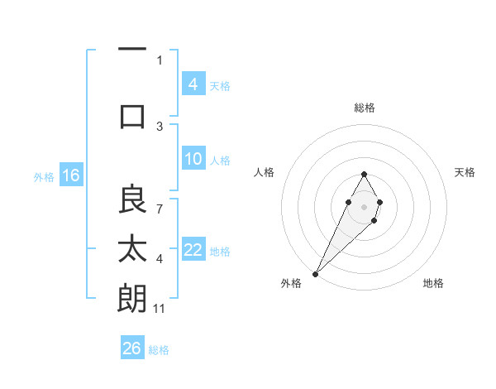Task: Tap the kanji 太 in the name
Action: [x=132, y=248]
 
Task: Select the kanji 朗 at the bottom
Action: [x=132, y=298]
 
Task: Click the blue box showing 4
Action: [x=193, y=84]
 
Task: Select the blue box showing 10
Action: [x=193, y=160]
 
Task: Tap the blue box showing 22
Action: [x=193, y=251]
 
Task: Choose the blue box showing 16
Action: [x=71, y=175]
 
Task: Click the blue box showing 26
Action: [x=132, y=349]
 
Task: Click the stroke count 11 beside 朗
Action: [x=160, y=309]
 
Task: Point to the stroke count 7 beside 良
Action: [x=160, y=200]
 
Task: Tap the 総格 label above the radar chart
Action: [x=365, y=108]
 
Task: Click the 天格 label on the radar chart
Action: [x=465, y=172]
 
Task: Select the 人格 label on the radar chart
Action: [x=264, y=172]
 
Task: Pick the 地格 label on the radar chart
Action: [x=433, y=283]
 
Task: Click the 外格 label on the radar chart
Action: [x=291, y=283]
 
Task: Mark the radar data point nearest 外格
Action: [x=316, y=273]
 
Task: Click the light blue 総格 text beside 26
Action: [x=159, y=350]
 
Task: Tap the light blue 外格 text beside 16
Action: [x=44, y=176]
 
